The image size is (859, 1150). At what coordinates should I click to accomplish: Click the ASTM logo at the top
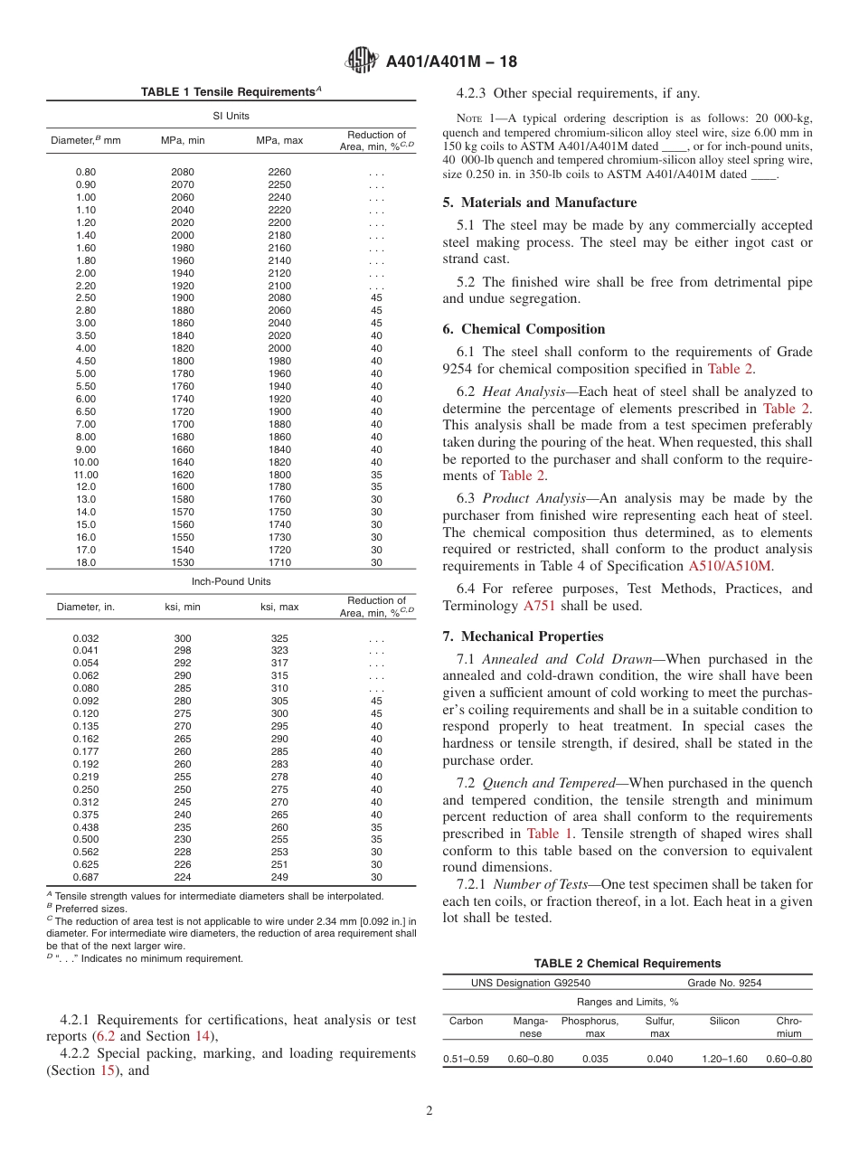tap(362, 61)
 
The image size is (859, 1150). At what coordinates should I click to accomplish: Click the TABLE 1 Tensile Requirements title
tap(231, 92)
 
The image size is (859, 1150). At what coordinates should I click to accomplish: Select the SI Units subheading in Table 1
tap(231, 116)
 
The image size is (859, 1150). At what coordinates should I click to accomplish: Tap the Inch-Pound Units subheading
tap(231, 581)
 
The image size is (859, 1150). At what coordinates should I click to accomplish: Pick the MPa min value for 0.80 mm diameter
tap(182, 172)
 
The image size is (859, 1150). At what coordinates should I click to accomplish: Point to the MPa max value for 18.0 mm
tap(279, 562)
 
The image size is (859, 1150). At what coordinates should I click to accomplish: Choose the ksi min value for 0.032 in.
tap(182, 637)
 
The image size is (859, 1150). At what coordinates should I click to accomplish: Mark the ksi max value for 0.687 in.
tap(279, 877)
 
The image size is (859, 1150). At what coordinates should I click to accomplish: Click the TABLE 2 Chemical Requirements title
tap(627, 964)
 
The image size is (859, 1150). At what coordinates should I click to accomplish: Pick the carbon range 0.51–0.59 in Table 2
tap(466, 1059)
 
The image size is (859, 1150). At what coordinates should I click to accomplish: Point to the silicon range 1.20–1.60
tap(724, 1059)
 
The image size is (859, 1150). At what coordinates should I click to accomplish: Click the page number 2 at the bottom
tap(429, 1111)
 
